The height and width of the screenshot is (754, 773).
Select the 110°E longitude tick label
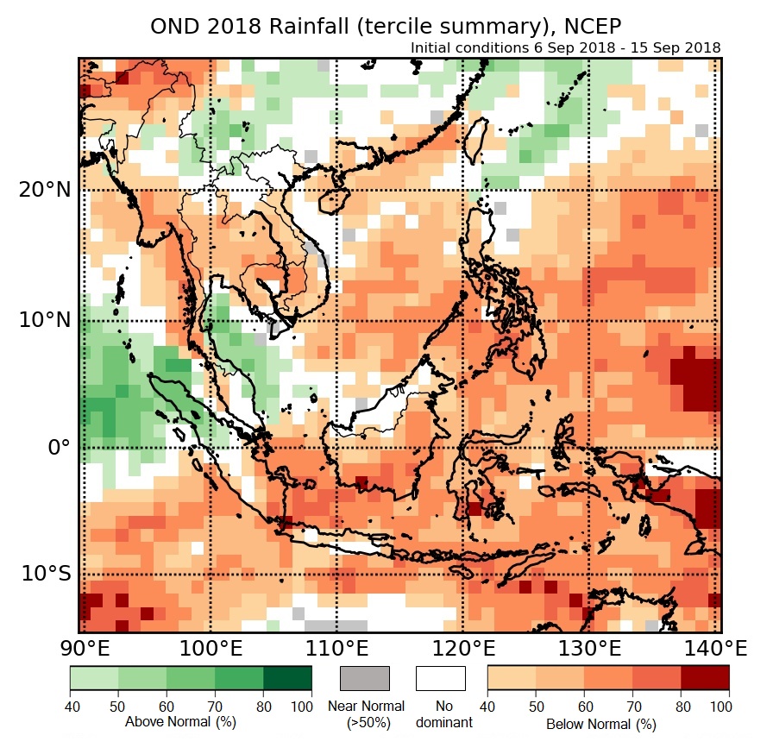pos(336,648)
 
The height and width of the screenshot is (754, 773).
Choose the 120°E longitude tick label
pos(462,648)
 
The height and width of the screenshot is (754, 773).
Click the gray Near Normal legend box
pos(365,678)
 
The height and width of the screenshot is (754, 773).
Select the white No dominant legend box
pos(440,678)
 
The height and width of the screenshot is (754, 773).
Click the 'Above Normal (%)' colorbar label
pos(180,721)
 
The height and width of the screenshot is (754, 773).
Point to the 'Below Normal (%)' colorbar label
pos(600,725)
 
